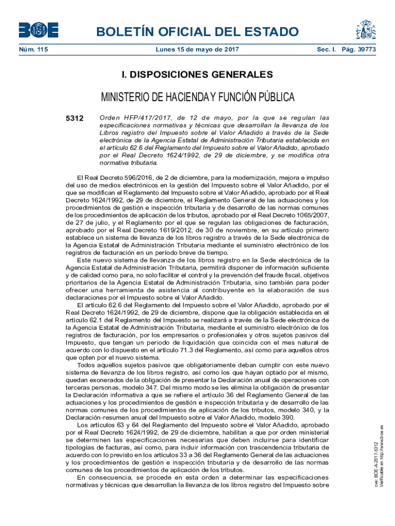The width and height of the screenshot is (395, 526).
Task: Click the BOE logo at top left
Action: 38,30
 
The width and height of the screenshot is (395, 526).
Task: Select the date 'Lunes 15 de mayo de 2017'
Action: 197,50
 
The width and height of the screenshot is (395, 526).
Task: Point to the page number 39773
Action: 366,50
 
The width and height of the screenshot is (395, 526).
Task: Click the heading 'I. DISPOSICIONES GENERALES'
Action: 197,75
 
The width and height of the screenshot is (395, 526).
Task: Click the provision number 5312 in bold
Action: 74,118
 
